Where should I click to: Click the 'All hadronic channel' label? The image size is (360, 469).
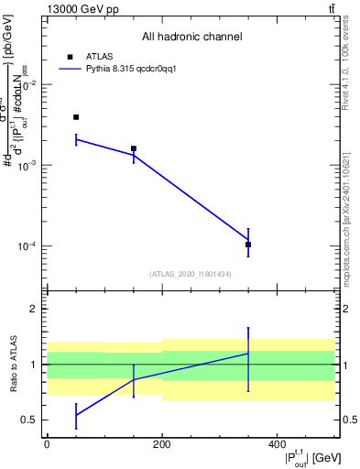click(191, 37)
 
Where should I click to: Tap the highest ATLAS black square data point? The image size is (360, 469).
click(76, 117)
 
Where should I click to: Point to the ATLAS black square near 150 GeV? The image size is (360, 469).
click(134, 148)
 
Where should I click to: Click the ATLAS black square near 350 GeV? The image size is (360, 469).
click(248, 245)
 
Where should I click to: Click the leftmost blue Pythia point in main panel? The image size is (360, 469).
click(76, 139)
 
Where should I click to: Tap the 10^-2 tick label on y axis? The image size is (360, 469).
click(29, 84)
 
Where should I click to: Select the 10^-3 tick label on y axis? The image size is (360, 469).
click(29, 165)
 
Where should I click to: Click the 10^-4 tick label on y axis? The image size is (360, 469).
click(29, 245)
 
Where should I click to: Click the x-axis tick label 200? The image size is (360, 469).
click(161, 443)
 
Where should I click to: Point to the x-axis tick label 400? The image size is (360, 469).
click(277, 443)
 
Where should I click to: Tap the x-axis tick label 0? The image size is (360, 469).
click(47, 443)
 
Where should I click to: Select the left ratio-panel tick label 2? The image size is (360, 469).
click(34, 309)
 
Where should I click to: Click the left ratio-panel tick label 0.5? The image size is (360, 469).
click(30, 420)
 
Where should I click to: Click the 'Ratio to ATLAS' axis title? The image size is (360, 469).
click(13, 364)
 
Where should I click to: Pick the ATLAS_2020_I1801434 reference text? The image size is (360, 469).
click(191, 274)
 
